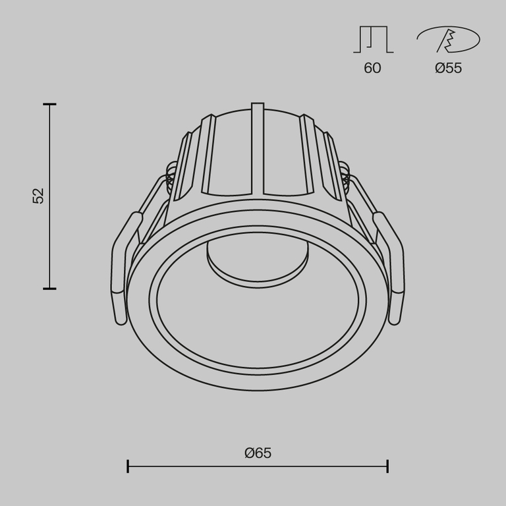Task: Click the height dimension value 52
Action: [x=39, y=196]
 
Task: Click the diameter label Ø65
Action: [x=258, y=453]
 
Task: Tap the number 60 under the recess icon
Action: [x=372, y=68]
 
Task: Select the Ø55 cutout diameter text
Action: [x=448, y=68]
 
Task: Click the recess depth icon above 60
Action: [x=373, y=40]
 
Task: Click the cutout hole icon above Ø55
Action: [x=448, y=41]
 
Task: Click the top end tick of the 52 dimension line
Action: [x=49, y=104]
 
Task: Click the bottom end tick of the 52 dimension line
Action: [x=49, y=289]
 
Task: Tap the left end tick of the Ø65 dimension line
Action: [x=128, y=466]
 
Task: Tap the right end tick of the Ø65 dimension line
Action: [x=387, y=466]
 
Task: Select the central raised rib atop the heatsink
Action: [x=258, y=148]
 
